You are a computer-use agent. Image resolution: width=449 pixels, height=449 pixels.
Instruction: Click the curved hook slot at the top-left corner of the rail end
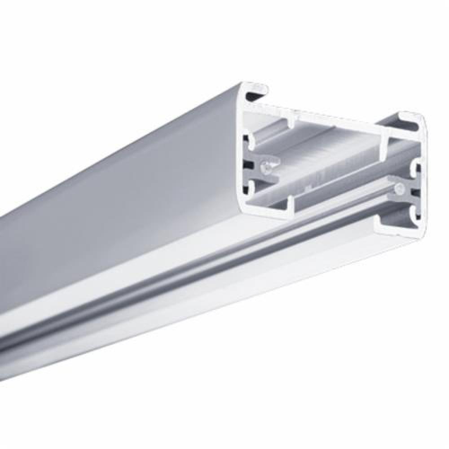[254, 93]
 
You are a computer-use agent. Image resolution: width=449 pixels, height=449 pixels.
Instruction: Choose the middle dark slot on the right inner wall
[416, 193]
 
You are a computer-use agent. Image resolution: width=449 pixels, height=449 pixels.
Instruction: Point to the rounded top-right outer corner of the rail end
[421, 118]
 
